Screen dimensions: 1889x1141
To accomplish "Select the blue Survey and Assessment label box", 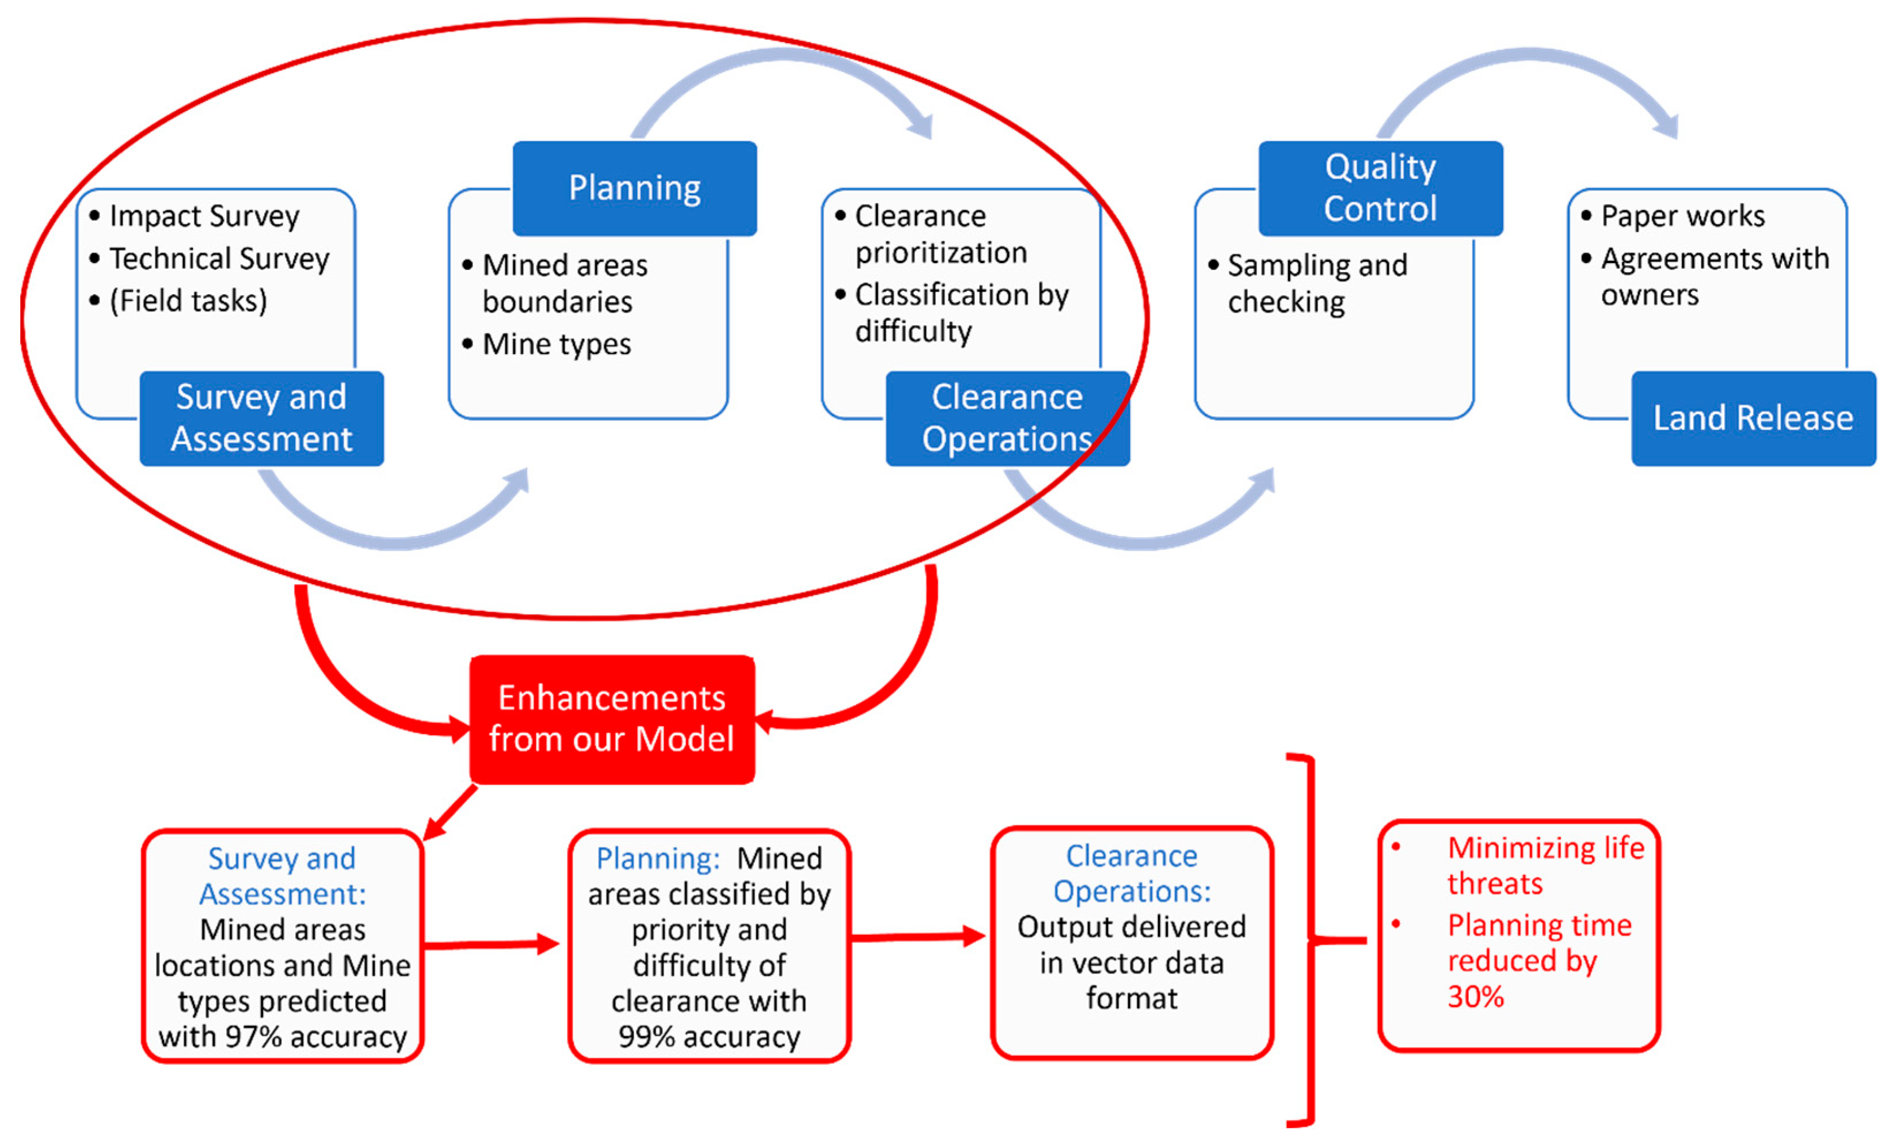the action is click(261, 418).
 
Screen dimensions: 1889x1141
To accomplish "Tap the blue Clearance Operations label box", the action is click(1007, 418).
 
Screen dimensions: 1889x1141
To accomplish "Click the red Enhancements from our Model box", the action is click(612, 718).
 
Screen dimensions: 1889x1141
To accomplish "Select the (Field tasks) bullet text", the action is click(189, 301).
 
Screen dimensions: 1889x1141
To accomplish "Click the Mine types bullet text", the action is click(557, 344).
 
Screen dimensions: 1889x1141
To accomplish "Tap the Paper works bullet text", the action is click(1683, 216).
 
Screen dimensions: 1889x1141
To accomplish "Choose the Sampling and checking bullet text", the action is click(1317, 283).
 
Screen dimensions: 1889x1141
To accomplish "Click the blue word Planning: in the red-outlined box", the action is click(658, 858).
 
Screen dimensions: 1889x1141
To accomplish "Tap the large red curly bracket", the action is click(1312, 940).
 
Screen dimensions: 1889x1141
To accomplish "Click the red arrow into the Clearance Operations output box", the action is click(919, 936).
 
